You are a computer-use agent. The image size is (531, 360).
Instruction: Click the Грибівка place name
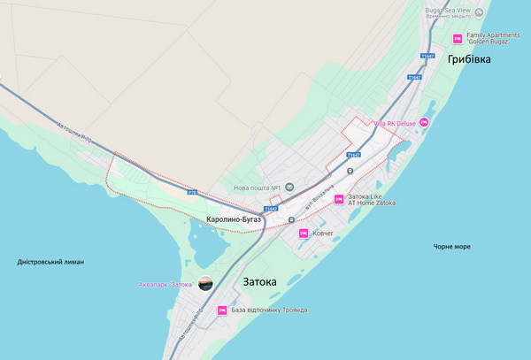(469, 59)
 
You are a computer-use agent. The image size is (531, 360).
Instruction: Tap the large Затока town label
(259, 282)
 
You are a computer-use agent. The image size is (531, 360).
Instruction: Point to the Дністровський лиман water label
(50, 262)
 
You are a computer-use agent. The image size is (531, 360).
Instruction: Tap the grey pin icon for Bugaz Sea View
(480, 12)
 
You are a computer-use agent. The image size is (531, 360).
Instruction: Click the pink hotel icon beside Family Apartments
(458, 38)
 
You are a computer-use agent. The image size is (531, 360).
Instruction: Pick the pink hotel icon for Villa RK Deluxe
(424, 123)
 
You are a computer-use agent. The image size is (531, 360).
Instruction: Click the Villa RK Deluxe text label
(395, 124)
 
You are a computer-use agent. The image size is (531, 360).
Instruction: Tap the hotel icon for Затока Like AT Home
(337, 199)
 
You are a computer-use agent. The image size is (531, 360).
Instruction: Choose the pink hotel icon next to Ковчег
(303, 234)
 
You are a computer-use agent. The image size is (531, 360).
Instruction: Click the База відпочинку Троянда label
(269, 310)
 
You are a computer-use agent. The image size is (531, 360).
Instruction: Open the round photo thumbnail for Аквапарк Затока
(205, 284)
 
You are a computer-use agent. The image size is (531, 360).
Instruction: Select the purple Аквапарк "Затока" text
(165, 284)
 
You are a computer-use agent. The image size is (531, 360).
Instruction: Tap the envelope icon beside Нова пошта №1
(289, 187)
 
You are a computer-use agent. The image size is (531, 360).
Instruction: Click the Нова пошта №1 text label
(257, 188)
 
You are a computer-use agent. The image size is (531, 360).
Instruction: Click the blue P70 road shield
(192, 192)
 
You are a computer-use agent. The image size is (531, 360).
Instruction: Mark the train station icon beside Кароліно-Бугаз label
(291, 220)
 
